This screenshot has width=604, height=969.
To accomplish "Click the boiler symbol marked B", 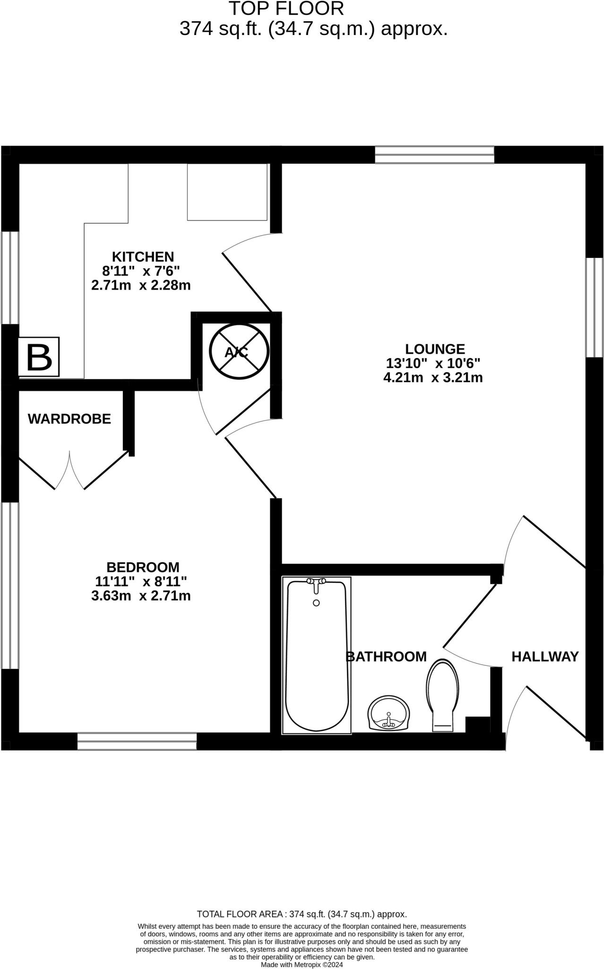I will (x=39, y=357).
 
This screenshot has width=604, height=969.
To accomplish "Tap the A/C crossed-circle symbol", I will (x=239, y=352).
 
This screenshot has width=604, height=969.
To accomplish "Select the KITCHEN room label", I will (x=143, y=256).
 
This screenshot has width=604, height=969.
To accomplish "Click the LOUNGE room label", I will (x=435, y=349).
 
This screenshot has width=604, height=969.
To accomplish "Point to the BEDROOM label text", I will (x=143, y=567).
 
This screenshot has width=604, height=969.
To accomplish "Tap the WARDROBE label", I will (x=69, y=419).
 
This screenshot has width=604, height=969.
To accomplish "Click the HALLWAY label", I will (x=545, y=656).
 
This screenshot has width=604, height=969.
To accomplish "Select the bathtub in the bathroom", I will (x=317, y=658).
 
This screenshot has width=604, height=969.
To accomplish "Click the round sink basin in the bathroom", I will (x=388, y=714).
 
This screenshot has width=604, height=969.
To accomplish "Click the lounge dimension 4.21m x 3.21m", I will (x=433, y=378).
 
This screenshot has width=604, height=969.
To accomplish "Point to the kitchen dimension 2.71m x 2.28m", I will (x=141, y=285).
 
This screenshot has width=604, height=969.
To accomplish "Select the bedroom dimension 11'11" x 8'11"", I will (x=141, y=581).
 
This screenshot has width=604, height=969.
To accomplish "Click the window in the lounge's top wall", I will (x=434, y=155).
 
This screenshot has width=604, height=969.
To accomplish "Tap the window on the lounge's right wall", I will (x=595, y=307).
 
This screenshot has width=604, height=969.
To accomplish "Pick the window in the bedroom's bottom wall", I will (x=137, y=741).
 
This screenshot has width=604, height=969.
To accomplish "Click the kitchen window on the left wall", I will (x=9, y=278).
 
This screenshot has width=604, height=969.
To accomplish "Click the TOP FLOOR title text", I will (x=286, y=9).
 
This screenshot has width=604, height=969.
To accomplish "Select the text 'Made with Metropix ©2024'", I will (x=302, y=964).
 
